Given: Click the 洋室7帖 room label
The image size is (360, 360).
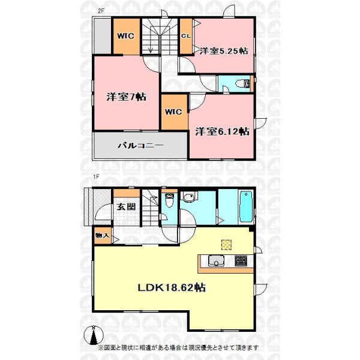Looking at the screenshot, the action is [x=126, y=97].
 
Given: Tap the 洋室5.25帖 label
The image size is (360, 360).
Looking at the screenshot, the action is [x=224, y=51].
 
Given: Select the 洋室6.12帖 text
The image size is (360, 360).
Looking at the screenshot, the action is [x=222, y=131].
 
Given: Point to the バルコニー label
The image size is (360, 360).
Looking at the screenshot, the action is [x=141, y=145].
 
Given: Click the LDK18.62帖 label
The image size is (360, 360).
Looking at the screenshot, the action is [x=172, y=287].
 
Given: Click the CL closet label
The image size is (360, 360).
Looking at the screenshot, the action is [x=186, y=36].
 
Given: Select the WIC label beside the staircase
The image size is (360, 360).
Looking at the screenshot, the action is [x=125, y=36].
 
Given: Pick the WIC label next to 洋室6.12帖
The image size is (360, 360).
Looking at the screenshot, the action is [x=173, y=112].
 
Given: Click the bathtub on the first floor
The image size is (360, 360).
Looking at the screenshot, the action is [x=246, y=206].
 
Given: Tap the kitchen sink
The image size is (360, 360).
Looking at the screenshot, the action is [x=216, y=261].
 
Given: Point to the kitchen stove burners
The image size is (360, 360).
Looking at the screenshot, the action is [x=241, y=261].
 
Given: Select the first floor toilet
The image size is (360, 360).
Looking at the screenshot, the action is [x=169, y=200].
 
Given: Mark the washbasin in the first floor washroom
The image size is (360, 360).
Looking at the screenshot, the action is [x=189, y=197].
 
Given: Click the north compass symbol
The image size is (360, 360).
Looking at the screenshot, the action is [x=93, y=335].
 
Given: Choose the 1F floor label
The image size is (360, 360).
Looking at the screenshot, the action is [x=96, y=176].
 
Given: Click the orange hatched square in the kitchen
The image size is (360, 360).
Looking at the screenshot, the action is [x=226, y=245].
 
